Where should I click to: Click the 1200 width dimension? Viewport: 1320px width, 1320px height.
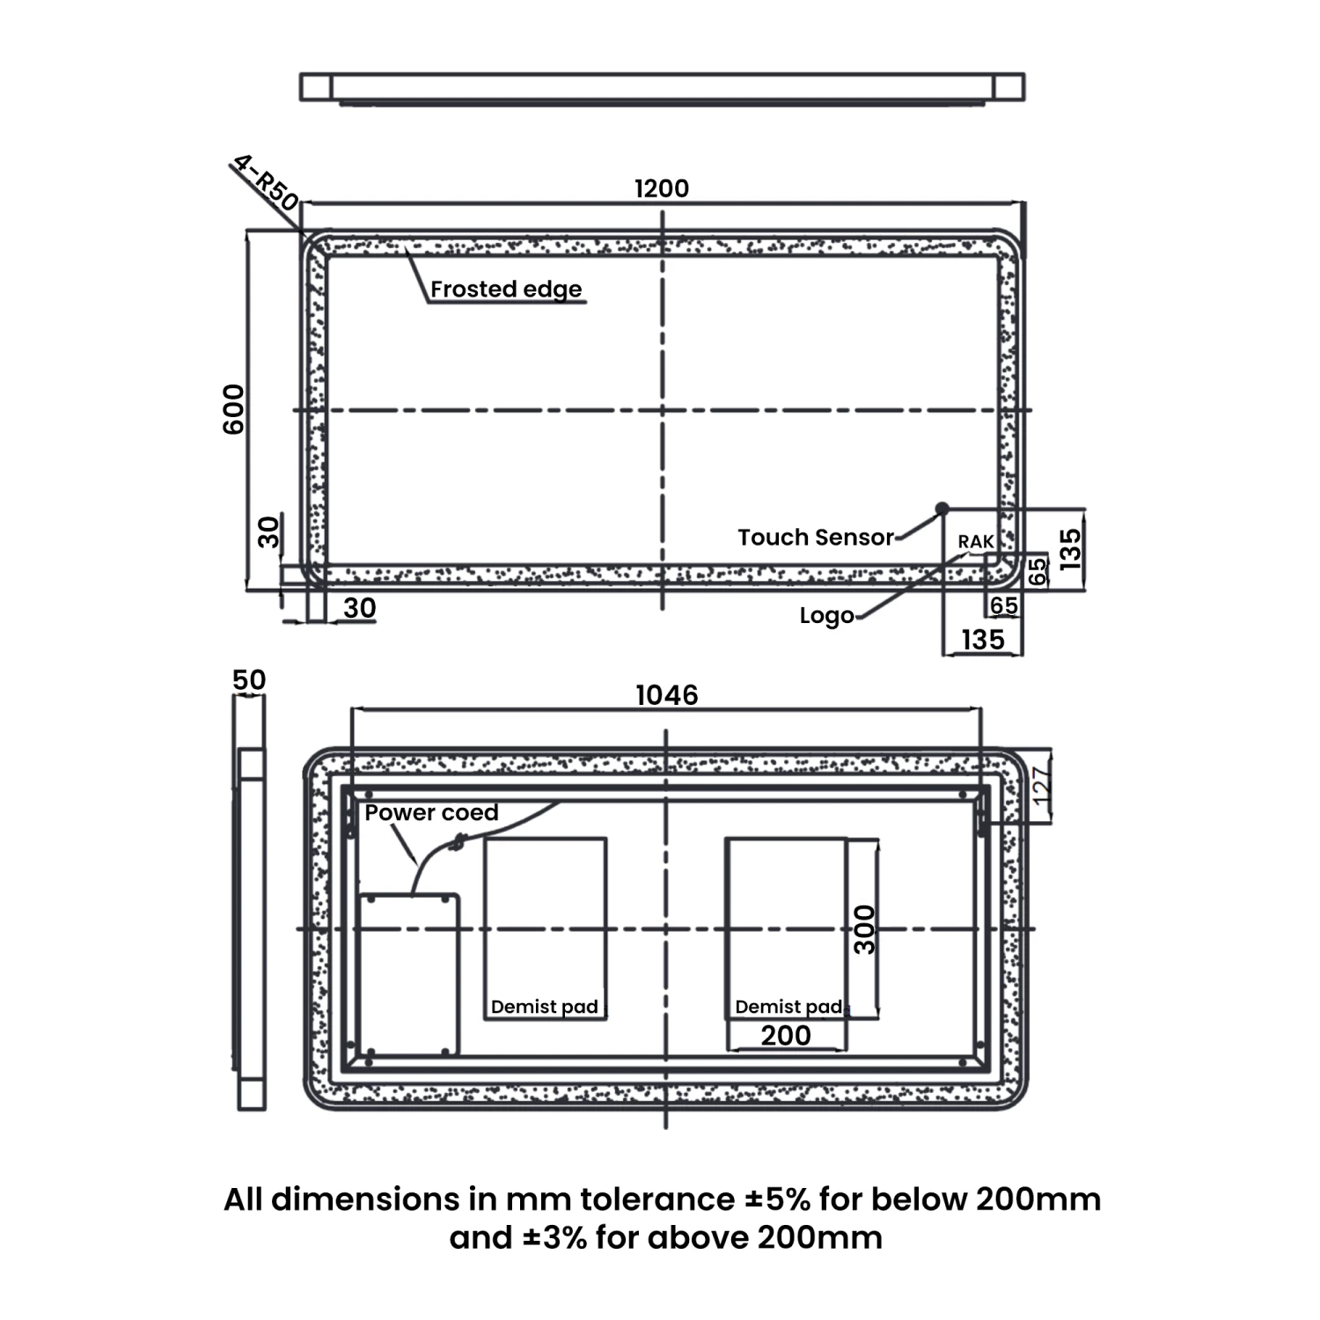pyautogui.click(x=662, y=188)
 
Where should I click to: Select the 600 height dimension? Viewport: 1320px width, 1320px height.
pyautogui.click(x=234, y=409)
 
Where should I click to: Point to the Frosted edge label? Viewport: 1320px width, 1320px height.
pyautogui.click(x=506, y=290)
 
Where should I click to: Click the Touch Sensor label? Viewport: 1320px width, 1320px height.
pyautogui.click(x=816, y=537)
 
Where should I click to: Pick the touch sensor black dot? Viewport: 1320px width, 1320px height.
pyautogui.click(x=942, y=508)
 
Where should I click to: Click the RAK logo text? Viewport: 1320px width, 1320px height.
pyautogui.click(x=976, y=542)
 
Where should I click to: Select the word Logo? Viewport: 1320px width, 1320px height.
pyautogui.click(x=826, y=616)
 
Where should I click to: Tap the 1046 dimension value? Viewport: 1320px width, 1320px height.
pyautogui.click(x=667, y=695)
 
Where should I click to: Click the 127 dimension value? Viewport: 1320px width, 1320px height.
pyautogui.click(x=1040, y=787)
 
